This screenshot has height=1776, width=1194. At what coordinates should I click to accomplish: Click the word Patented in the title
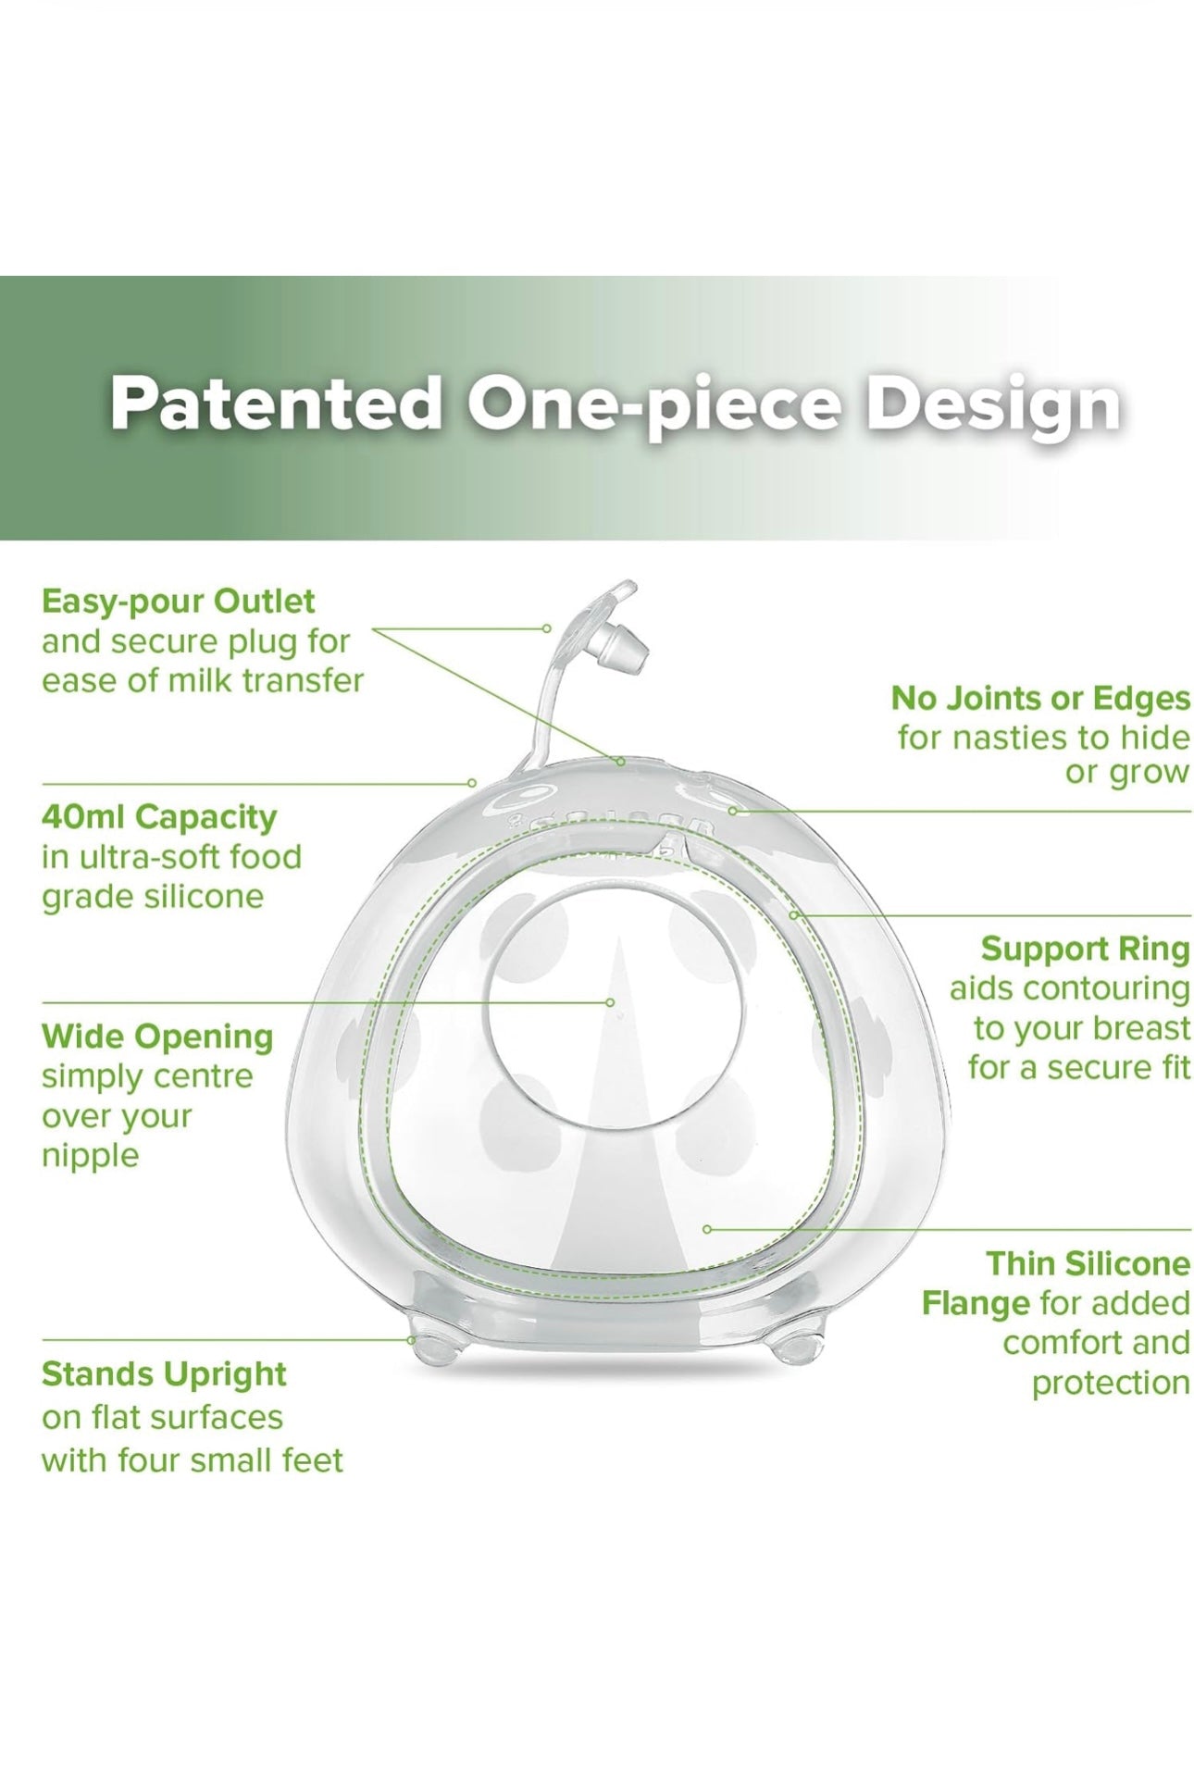[275, 404]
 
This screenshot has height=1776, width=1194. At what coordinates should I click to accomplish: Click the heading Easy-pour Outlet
[179, 602]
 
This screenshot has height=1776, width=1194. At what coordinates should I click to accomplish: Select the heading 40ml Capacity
[159, 818]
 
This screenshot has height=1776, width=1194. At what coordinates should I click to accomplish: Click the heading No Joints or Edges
[1041, 699]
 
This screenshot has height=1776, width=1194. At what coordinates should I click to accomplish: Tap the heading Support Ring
[1086, 950]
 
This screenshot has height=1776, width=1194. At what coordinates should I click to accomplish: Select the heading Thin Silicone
[1088, 1264]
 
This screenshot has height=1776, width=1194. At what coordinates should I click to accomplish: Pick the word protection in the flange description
[1111, 1384]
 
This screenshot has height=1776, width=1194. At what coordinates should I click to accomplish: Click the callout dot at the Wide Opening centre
[610, 1002]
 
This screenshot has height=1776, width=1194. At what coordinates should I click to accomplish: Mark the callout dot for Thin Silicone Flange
[707, 1229]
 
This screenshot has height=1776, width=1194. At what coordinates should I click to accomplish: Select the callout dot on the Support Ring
[794, 914]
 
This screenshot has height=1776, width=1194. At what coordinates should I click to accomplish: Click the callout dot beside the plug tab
[547, 628]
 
